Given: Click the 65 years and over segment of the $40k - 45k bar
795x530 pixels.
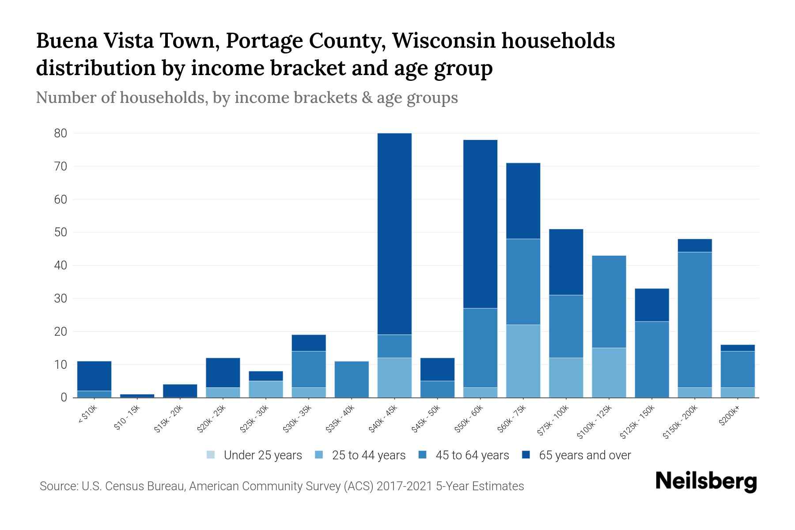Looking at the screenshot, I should point(394,234).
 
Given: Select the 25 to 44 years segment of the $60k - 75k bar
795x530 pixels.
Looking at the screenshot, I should point(523,361).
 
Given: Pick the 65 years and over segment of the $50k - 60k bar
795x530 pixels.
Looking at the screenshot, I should point(480,224).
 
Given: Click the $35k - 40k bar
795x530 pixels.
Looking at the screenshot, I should point(352,379).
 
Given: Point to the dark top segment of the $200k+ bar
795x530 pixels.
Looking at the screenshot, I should point(738,348).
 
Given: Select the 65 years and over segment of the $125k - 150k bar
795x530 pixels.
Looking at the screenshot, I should point(652,305).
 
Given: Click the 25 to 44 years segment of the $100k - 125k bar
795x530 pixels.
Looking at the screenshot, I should point(609,372).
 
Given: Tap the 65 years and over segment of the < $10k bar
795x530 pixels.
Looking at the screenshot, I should point(94,376).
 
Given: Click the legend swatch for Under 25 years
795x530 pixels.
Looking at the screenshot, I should point(211,455).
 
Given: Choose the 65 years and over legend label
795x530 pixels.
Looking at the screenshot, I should point(585,455).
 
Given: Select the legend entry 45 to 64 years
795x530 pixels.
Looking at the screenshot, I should point(472,455).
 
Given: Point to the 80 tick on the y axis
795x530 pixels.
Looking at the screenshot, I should point(60,133).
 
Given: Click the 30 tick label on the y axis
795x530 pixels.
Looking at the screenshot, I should point(60,299).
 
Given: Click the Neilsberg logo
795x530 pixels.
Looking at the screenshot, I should point(706,481).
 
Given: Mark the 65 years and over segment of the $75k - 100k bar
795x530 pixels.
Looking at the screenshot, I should point(566,262).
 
